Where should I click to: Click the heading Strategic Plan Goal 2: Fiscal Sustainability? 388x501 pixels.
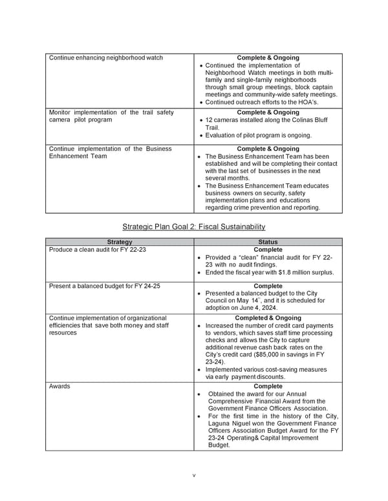[x=194, y=227]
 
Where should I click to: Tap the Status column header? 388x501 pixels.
[x=268, y=242]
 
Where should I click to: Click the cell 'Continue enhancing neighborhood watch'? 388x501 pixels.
[x=106, y=57]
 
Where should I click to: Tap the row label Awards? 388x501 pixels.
[x=59, y=387]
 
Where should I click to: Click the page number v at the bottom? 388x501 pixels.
[x=193, y=476]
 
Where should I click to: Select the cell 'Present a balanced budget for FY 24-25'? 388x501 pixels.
[x=105, y=285]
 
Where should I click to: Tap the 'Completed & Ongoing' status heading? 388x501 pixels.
[x=268, y=318]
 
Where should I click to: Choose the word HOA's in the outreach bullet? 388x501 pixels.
[x=308, y=102]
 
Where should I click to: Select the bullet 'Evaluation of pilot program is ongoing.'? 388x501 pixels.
[x=258, y=136]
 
